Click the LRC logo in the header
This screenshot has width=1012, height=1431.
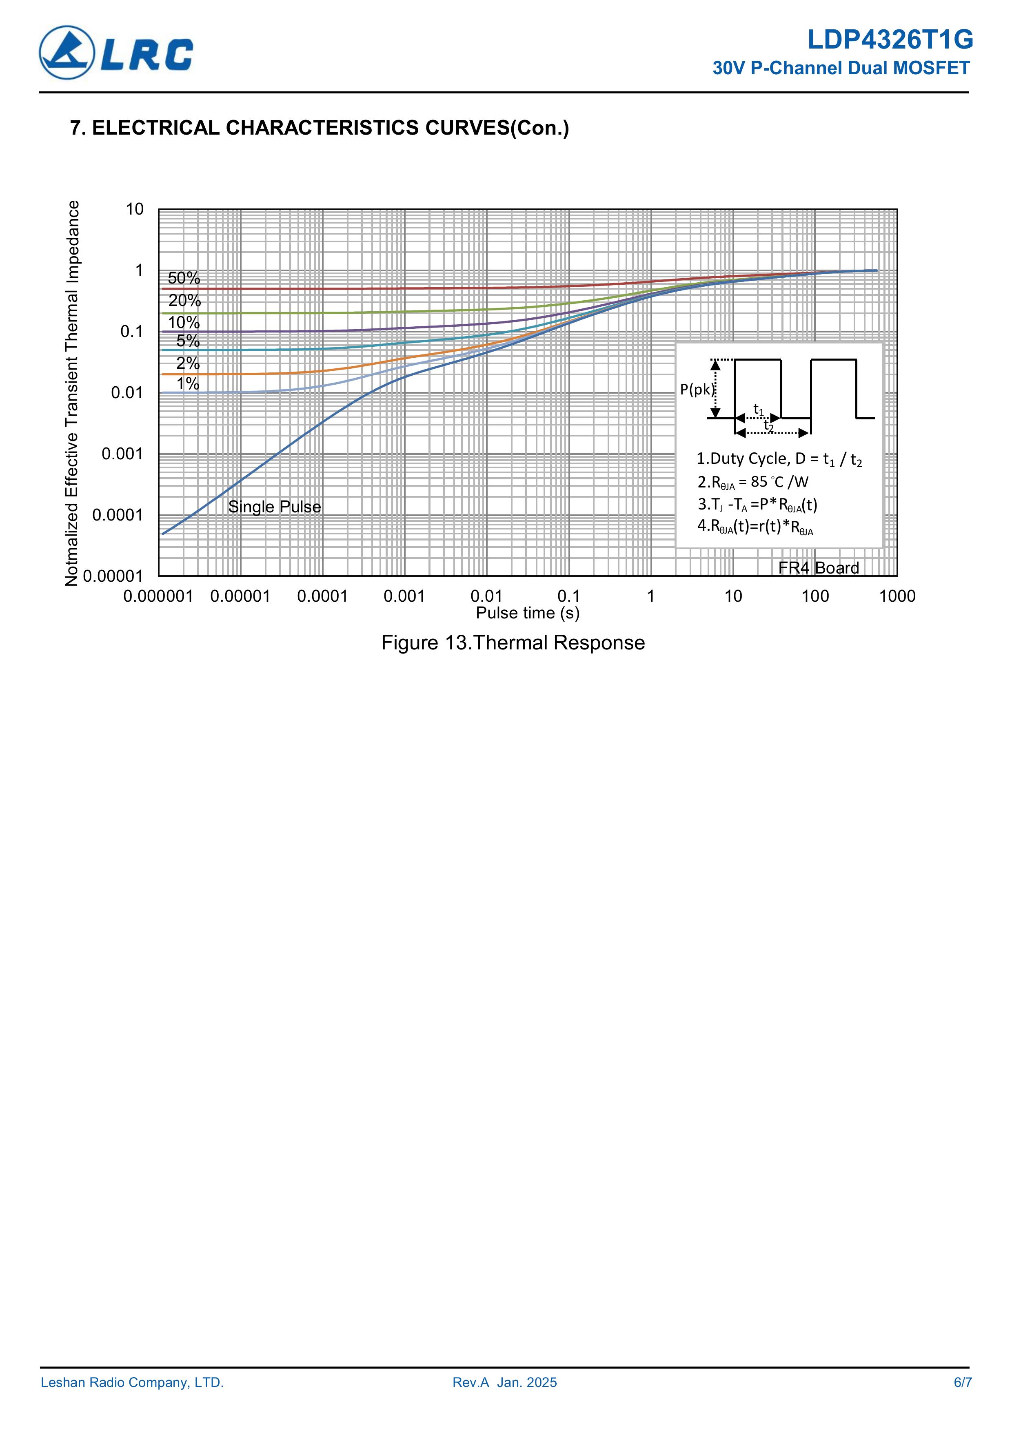117,53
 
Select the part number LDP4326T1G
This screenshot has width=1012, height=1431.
890,40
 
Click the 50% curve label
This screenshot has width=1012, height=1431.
184,278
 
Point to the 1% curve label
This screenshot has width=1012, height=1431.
188,383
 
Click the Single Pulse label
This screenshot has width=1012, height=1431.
274,507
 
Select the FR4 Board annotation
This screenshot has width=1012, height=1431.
818,568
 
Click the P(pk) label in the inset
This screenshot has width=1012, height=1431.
696,390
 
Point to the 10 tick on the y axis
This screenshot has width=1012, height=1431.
135,209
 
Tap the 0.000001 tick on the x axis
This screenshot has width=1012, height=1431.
158,596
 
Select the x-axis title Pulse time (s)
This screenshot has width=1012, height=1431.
528,613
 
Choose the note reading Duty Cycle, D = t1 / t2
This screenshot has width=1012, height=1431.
779,459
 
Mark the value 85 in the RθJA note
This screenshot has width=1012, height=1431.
759,482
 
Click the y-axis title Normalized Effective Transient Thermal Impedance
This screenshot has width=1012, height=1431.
72,393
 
